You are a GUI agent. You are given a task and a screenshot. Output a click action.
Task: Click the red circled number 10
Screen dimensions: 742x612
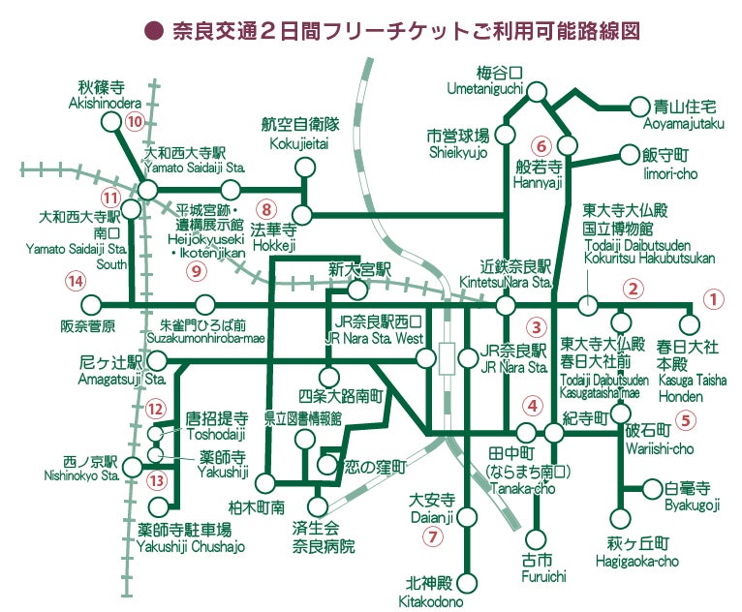(x=135, y=122)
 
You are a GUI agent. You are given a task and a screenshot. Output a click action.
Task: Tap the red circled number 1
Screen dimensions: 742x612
(x=713, y=299)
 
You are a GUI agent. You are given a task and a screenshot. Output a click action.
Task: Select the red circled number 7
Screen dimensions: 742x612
(x=433, y=535)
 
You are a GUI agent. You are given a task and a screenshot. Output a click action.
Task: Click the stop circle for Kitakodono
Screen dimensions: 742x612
(x=466, y=583)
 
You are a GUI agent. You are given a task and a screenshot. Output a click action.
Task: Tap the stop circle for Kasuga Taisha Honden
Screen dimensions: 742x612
(x=690, y=325)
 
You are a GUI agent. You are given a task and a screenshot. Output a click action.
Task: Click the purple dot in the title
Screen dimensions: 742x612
(x=152, y=31)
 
